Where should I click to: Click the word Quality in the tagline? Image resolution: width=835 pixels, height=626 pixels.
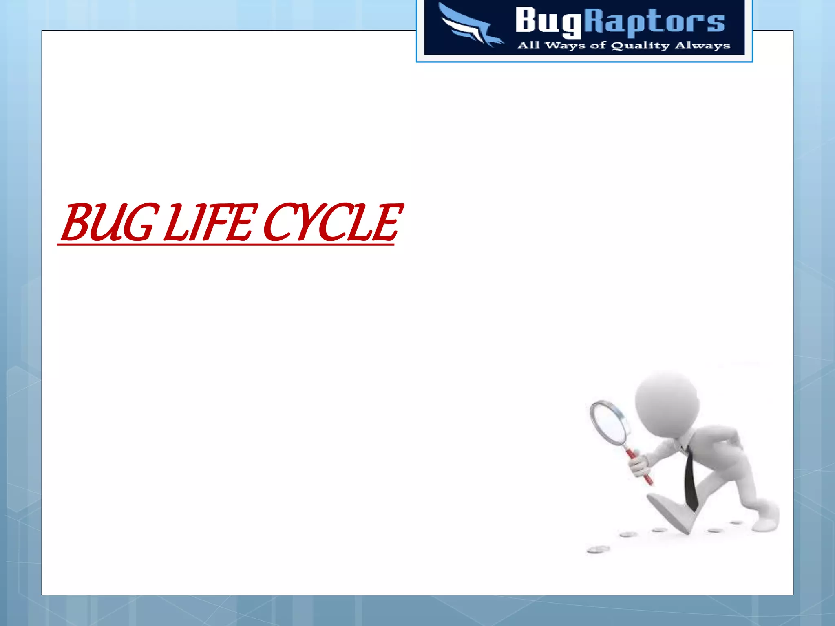coord(640,46)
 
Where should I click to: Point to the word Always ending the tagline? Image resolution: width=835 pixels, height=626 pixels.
coord(702,46)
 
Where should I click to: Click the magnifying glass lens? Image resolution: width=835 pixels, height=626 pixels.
coord(611,424)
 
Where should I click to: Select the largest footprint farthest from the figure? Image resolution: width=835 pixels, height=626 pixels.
coord(599,550)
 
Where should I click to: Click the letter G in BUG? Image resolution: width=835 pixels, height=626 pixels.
coord(137,223)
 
